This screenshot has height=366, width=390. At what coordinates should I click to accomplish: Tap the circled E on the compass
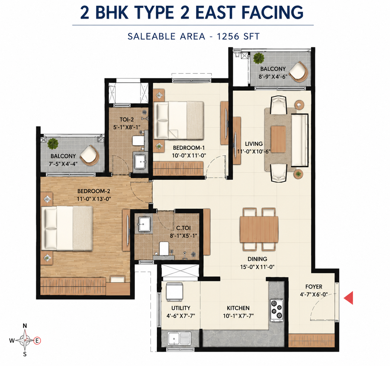click(x=37, y=340)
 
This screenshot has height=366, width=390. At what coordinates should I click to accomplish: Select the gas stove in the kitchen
click(x=277, y=310)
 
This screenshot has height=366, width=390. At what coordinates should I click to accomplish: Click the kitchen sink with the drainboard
click(x=179, y=339)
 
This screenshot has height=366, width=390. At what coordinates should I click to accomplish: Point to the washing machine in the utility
click(x=174, y=292)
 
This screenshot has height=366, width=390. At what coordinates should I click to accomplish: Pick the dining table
click(x=259, y=229)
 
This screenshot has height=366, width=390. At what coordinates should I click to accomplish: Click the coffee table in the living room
click(x=278, y=139)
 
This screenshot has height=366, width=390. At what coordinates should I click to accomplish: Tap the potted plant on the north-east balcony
click(x=259, y=58)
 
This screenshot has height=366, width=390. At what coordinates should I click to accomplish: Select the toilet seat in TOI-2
click(x=138, y=141)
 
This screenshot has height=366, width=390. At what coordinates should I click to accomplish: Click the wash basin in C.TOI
click(x=145, y=224)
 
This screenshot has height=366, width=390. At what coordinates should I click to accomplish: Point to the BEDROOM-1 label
click(x=189, y=148)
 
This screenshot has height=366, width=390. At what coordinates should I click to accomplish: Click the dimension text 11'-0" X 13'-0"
click(x=94, y=199)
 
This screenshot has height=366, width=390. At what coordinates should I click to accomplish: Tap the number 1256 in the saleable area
click(x=228, y=36)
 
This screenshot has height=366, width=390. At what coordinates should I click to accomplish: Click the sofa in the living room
click(x=300, y=140)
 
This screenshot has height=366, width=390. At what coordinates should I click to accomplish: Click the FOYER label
click(x=314, y=287)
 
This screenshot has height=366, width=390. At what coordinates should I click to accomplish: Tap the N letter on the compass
click(x=25, y=326)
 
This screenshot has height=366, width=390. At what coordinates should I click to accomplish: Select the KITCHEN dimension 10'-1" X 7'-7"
click(x=238, y=316)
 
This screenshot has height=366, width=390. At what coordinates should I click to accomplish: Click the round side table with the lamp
click(x=299, y=105)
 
